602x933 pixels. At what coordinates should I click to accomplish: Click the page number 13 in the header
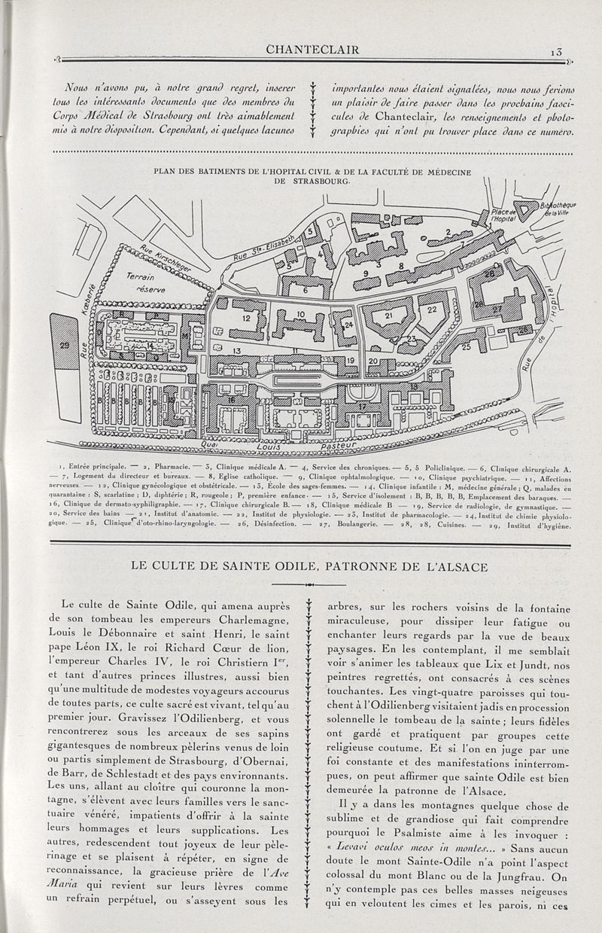[556, 51]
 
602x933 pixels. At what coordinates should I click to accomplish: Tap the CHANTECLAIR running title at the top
[313, 50]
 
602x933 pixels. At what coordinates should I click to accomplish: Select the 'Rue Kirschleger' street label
[166, 257]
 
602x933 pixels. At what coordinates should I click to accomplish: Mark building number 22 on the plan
[432, 309]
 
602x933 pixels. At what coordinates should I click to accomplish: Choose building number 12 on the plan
[246, 319]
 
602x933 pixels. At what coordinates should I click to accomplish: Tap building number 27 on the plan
[518, 309]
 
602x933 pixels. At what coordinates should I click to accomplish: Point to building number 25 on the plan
[466, 347]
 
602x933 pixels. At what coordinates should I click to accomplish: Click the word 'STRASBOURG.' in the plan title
[313, 182]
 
